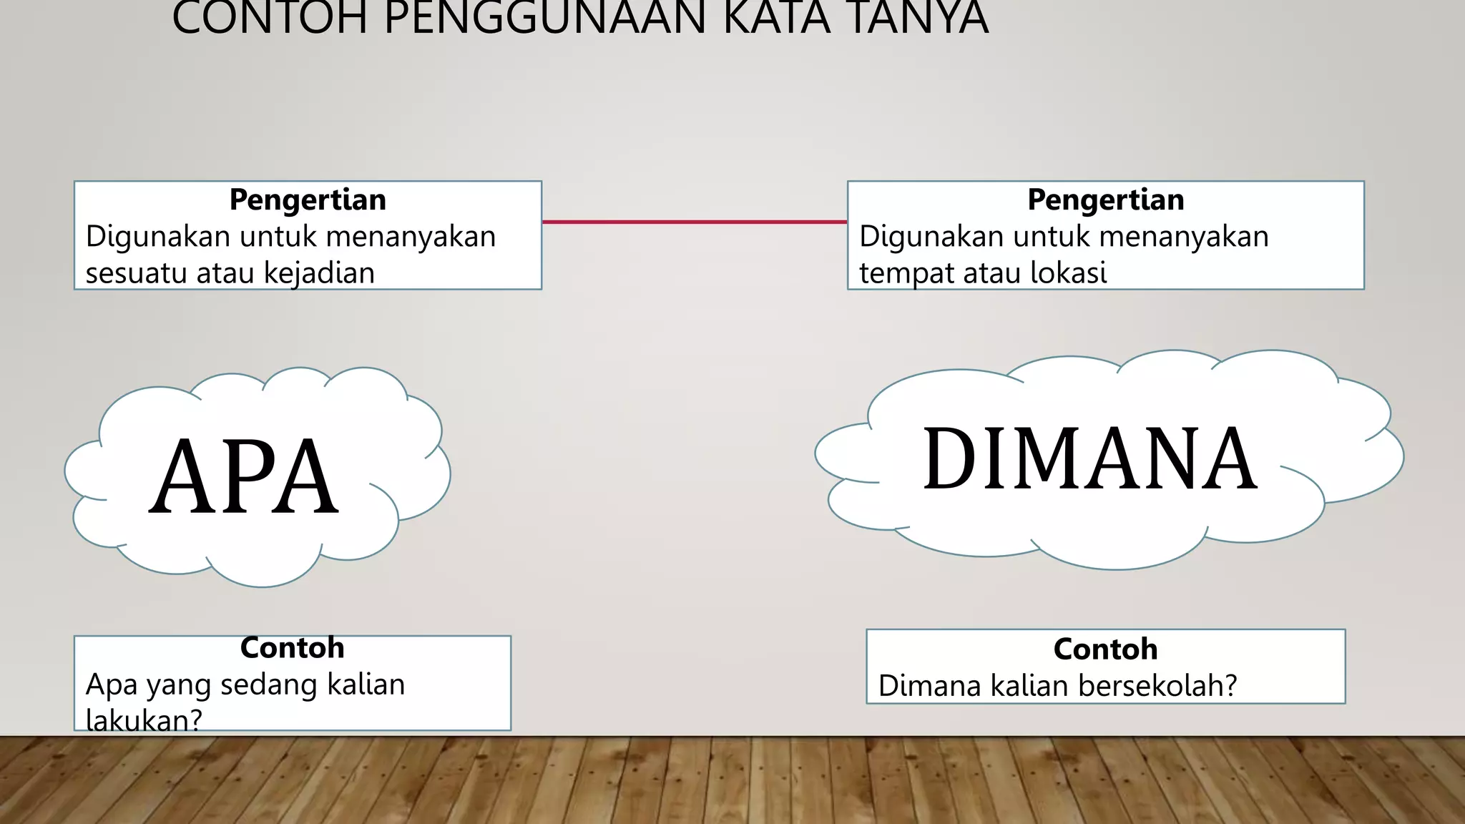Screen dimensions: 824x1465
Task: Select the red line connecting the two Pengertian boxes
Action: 694,222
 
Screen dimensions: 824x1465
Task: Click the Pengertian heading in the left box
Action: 308,200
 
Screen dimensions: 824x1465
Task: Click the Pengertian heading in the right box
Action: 1105,200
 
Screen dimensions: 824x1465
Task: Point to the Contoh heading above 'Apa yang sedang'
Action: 292,648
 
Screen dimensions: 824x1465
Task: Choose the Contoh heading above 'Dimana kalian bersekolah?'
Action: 1105,649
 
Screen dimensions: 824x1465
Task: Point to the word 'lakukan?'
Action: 144,720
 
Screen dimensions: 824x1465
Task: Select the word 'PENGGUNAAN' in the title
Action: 545,19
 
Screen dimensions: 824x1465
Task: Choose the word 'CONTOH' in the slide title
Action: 270,19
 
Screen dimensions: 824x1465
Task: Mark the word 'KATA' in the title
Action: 778,19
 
